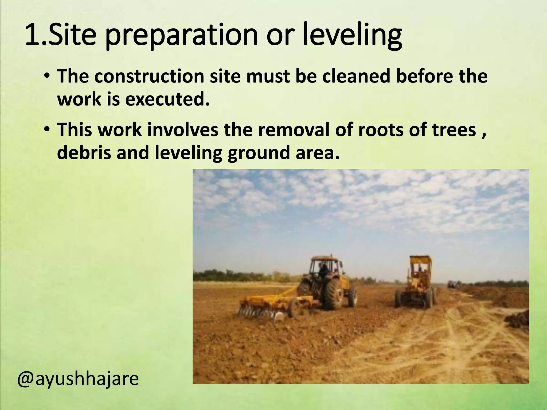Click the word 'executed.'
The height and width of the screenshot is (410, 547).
tap(167, 99)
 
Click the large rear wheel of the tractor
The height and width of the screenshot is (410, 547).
tap(334, 294)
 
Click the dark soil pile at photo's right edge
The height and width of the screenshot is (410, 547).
tap(518, 319)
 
